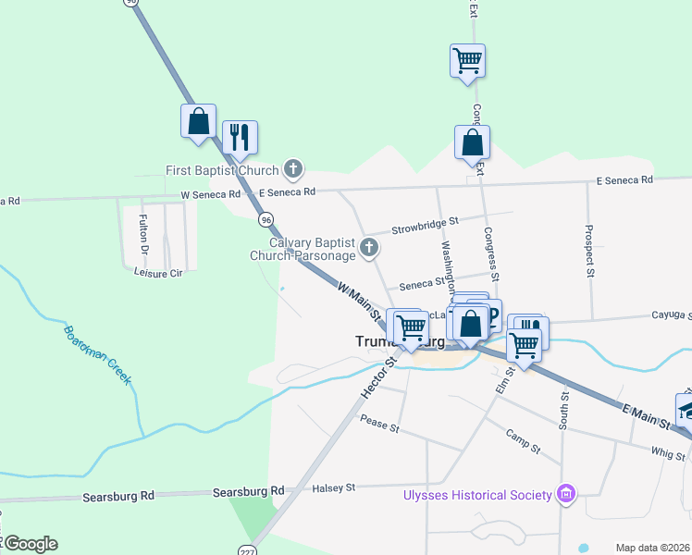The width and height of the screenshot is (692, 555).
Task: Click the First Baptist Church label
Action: [x=222, y=170]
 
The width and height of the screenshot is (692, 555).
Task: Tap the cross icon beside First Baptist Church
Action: [x=293, y=169]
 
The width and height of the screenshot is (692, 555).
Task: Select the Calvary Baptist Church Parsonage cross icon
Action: [x=369, y=246]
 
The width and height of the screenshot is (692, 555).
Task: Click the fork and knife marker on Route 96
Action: [x=240, y=137]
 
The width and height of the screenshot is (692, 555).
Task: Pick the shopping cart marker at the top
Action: [x=468, y=61]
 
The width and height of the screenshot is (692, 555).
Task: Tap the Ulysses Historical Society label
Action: [x=477, y=495]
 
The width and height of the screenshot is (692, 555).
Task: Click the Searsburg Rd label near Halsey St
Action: [x=248, y=491]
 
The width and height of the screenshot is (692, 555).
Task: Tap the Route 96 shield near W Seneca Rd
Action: [x=266, y=220]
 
